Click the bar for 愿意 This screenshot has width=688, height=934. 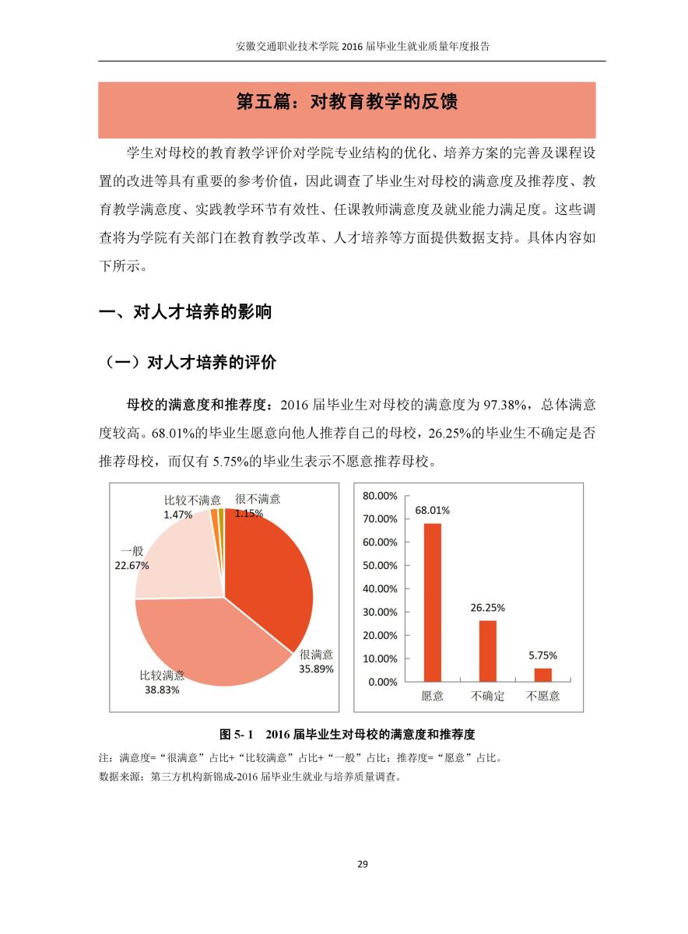[432, 602]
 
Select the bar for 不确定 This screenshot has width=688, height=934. [488, 651]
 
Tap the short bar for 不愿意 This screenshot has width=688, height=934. [542, 674]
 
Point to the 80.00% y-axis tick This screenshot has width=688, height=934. [380, 496]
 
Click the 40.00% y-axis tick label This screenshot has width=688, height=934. [380, 589]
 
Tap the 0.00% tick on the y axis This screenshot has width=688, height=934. [382, 682]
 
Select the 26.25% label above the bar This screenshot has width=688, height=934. [488, 608]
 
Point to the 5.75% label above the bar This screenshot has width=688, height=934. [542, 655]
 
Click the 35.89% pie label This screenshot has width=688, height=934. [317, 669]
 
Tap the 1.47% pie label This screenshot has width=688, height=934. [177, 514]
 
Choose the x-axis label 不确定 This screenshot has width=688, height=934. [488, 696]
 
